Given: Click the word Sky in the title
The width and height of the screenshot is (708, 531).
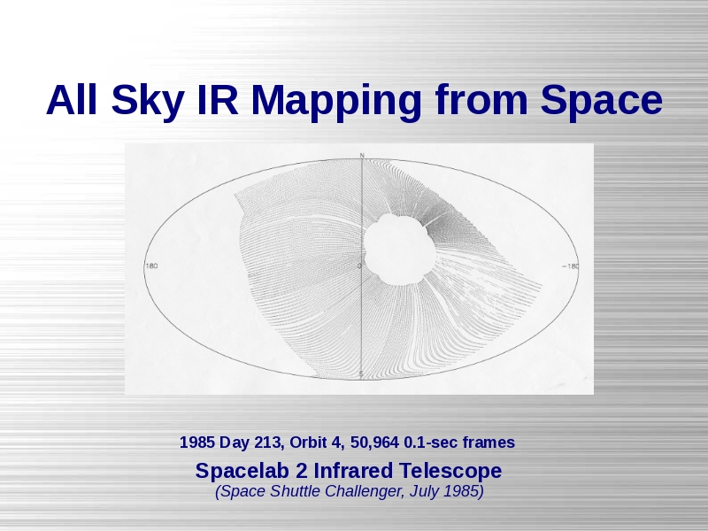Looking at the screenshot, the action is [147, 101].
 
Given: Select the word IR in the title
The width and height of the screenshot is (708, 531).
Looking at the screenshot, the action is [218, 100].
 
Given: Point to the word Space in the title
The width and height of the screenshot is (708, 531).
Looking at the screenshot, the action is [602, 101].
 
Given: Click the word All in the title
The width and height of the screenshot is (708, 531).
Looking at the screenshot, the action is [72, 100].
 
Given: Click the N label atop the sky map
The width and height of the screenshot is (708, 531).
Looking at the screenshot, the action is [362, 156].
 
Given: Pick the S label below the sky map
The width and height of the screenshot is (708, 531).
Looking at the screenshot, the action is [361, 373].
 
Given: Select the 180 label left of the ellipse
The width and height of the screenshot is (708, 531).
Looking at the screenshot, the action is [151, 265].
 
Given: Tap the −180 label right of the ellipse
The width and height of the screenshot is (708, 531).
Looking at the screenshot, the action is [570, 266].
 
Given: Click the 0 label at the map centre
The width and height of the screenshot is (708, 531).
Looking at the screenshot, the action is [359, 266].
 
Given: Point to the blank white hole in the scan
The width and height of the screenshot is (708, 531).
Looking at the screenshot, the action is [399, 250].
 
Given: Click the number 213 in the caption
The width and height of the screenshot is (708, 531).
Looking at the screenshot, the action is [269, 442].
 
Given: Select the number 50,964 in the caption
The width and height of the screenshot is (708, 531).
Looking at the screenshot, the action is [374, 442].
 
